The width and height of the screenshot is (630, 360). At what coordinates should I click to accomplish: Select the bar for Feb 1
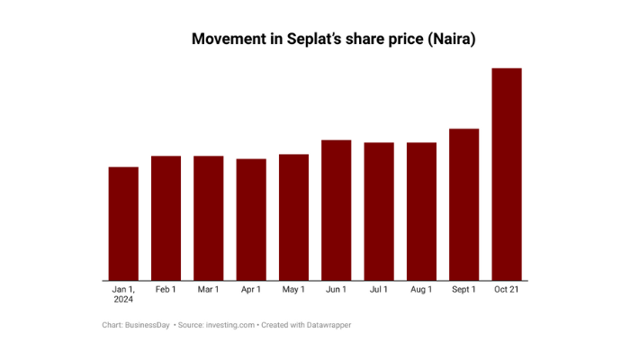pos(166,218)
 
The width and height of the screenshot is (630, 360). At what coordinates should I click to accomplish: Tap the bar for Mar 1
pos(208,218)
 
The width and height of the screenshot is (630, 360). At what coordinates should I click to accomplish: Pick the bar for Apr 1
pos(251,220)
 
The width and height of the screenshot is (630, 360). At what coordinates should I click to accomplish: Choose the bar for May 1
pos(293,217)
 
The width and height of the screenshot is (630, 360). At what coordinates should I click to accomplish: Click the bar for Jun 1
pos(336,210)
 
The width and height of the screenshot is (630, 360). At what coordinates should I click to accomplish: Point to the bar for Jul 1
pos(379,211)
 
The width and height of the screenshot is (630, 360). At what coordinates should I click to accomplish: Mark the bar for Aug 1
pos(421,211)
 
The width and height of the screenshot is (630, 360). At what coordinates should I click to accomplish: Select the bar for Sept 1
pos(463,204)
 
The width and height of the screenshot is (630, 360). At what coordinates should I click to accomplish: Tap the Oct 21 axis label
pos(507,290)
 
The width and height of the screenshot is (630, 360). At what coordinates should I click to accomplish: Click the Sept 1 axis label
pos(463,290)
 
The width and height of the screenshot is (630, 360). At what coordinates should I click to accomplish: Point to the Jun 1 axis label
pos(336,290)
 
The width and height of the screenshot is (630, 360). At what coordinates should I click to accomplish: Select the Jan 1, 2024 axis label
pos(123,294)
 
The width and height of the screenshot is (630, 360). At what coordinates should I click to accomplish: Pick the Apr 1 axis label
pos(251,290)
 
